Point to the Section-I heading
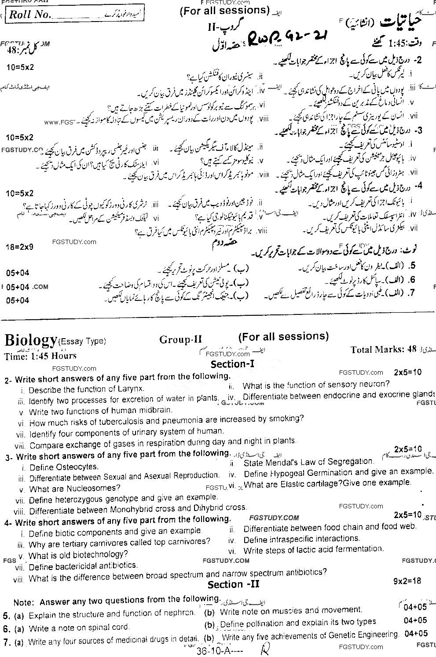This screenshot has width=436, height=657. (232, 364)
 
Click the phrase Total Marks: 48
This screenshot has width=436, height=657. (383, 350)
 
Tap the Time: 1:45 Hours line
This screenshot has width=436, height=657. (40, 356)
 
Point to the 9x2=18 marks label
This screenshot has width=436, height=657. (407, 580)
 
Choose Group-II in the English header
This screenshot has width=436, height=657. (180, 339)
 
